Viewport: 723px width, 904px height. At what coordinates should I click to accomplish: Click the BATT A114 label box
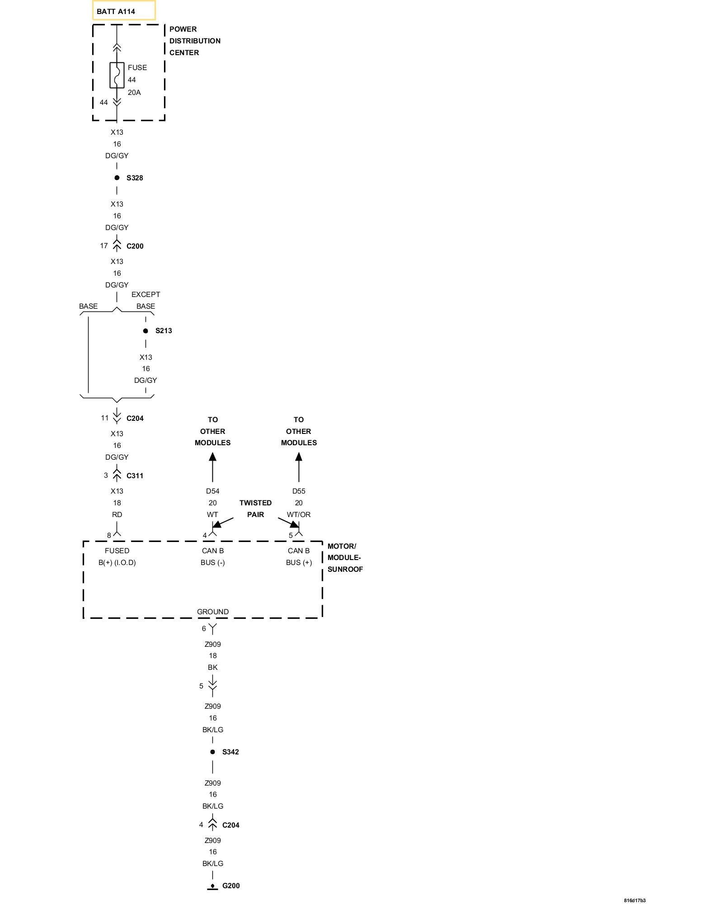pyautogui.click(x=124, y=11)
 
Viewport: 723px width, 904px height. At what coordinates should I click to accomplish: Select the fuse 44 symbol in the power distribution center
pyautogui.click(x=117, y=75)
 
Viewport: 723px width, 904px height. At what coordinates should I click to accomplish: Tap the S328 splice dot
pyautogui.click(x=117, y=178)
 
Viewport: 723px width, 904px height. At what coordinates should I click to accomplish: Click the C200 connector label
pyautogui.click(x=135, y=246)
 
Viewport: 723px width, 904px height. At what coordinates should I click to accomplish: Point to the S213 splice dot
pyautogui.click(x=146, y=331)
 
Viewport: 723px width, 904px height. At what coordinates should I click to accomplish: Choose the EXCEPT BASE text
pyautogui.click(x=146, y=300)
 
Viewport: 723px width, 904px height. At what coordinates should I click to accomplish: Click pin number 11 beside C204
pyautogui.click(x=105, y=418)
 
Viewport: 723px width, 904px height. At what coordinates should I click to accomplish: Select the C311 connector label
pyautogui.click(x=135, y=476)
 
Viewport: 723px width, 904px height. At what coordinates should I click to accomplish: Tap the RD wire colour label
pyautogui.click(x=117, y=514)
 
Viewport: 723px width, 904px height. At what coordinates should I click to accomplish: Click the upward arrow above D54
pyautogui.click(x=212, y=466)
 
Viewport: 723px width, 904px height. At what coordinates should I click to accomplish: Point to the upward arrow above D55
pyautogui.click(x=299, y=466)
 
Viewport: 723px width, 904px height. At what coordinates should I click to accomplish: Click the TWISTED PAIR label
pyautogui.click(x=255, y=508)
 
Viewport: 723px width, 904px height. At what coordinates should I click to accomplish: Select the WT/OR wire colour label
pyautogui.click(x=299, y=514)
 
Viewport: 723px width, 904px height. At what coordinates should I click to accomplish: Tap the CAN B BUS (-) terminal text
pyautogui.click(x=212, y=556)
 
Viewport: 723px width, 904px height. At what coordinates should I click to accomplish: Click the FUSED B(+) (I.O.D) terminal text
pyautogui.click(x=117, y=556)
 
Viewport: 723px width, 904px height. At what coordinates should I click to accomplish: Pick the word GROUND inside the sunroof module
pyautogui.click(x=212, y=612)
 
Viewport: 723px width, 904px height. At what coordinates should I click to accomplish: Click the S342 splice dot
pyautogui.click(x=212, y=752)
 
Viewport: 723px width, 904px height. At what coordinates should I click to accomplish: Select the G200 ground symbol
pyautogui.click(x=212, y=886)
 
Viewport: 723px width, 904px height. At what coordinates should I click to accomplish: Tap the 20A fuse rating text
pyautogui.click(x=134, y=93)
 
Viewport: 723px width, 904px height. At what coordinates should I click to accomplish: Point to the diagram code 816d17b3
pyautogui.click(x=634, y=900)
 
